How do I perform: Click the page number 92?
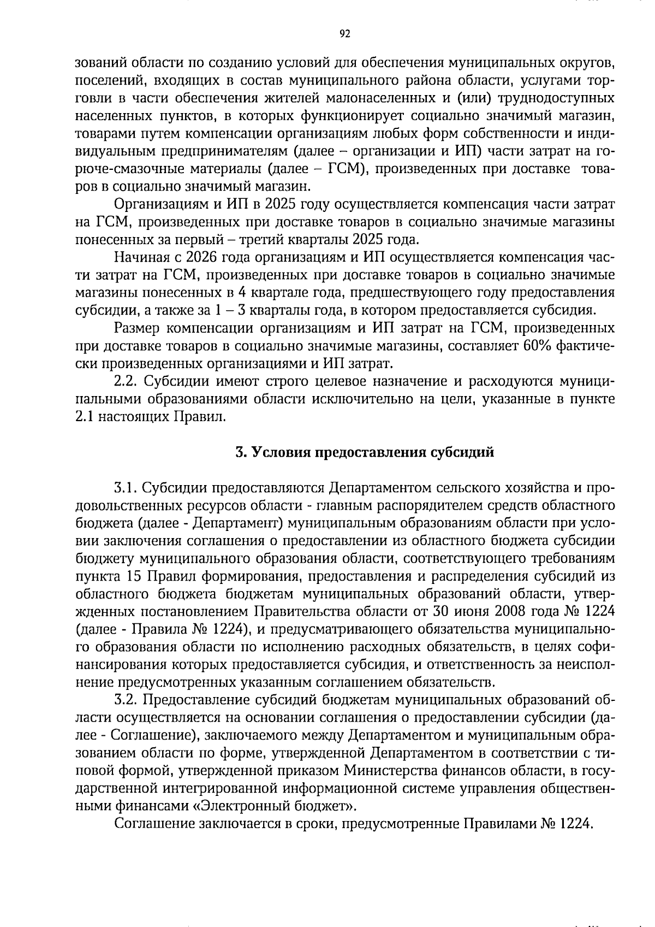[x=344, y=34]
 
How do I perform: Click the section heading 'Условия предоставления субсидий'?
[x=365, y=452]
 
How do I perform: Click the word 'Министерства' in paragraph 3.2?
[x=384, y=771]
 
